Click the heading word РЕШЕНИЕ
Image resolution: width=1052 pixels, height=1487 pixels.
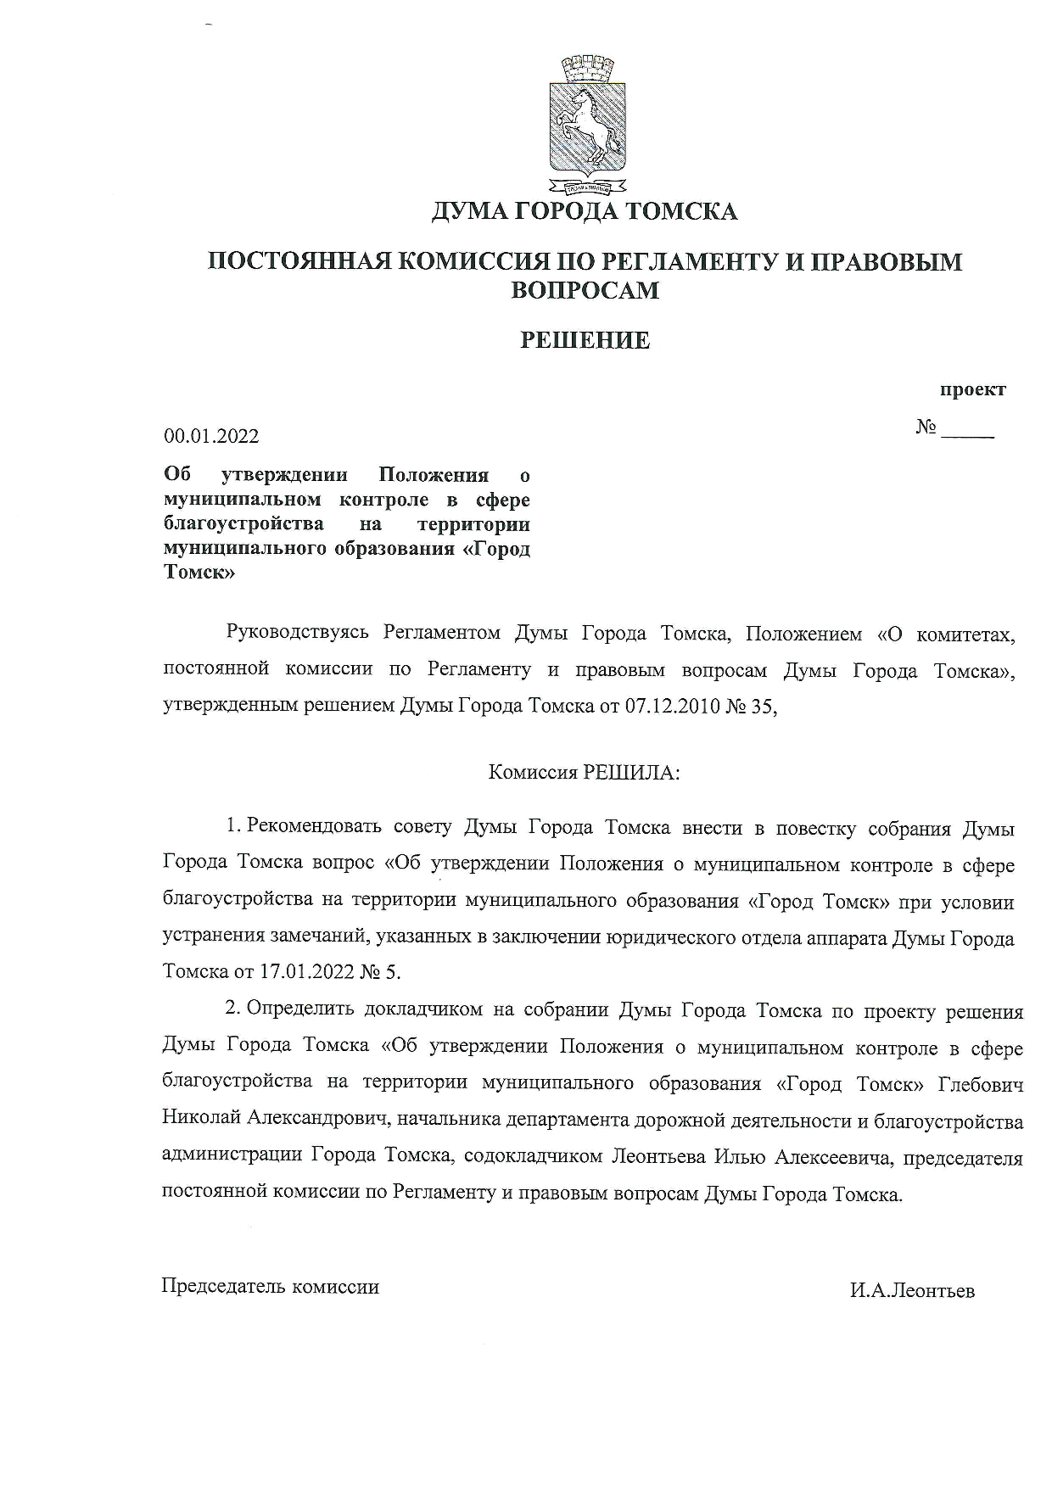585,341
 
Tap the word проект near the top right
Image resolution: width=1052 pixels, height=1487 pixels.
972,390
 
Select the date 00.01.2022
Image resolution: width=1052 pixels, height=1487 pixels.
211,437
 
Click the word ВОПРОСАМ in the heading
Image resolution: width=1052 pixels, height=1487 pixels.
585,291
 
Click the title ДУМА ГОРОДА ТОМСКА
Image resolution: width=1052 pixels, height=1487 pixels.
585,211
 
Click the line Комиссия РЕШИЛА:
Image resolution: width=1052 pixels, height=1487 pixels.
585,773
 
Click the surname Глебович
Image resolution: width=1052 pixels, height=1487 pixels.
982,1085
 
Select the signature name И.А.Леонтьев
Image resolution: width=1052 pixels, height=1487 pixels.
912,1291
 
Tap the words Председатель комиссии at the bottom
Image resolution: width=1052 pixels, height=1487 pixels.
270,1287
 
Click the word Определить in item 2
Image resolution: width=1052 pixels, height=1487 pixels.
299,1011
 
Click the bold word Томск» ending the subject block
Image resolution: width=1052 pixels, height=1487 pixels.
199,573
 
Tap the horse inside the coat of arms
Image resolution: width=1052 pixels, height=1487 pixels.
585,123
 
